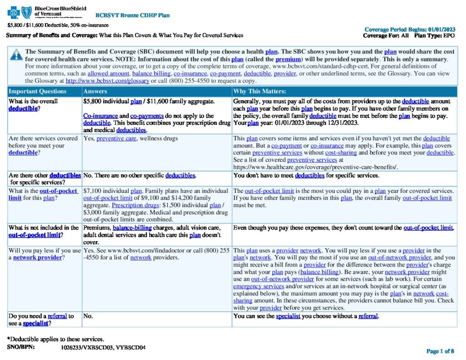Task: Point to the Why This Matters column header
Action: [259, 91]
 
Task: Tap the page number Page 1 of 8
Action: [440, 351]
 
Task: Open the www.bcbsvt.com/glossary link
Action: [107, 81]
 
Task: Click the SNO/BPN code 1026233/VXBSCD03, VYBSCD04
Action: [103, 347]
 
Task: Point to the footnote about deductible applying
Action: [56, 339]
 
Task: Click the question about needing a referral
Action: [41, 319]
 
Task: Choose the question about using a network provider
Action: [43, 254]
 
